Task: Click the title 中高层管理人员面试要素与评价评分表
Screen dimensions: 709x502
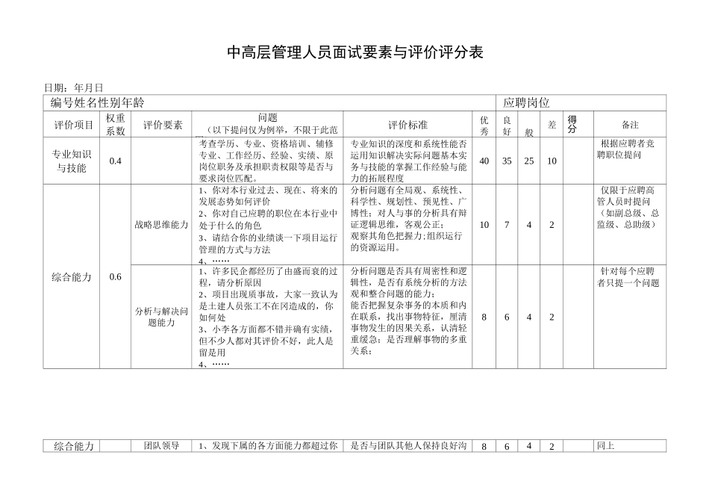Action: pyautogui.click(x=355, y=52)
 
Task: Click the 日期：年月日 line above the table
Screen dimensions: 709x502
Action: pyautogui.click(x=74, y=88)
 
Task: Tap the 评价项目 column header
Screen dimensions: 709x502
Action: pyautogui.click(x=72, y=125)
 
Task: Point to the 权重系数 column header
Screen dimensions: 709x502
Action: pyautogui.click(x=115, y=125)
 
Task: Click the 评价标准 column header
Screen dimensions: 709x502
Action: pyautogui.click(x=407, y=125)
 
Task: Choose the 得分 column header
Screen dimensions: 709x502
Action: pyautogui.click(x=572, y=124)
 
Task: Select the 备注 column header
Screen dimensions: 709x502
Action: pyautogui.click(x=630, y=125)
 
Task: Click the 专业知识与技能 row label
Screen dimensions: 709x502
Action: pyautogui.click(x=72, y=161)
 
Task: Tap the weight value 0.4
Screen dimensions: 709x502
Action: pyautogui.click(x=115, y=161)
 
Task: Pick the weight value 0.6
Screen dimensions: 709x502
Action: pyautogui.click(x=115, y=276)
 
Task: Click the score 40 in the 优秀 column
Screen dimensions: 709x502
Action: pyautogui.click(x=484, y=161)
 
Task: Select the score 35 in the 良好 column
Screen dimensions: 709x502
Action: pyautogui.click(x=507, y=161)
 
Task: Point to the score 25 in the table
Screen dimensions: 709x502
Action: pyautogui.click(x=528, y=161)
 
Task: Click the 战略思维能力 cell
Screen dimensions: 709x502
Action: pyautogui.click(x=161, y=224)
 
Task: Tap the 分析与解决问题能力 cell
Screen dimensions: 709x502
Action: pyautogui.click(x=161, y=317)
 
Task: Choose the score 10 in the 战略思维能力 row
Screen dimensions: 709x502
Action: pyautogui.click(x=484, y=225)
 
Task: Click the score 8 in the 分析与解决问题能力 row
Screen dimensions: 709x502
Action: pyautogui.click(x=484, y=317)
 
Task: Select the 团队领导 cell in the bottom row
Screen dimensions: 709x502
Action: pyautogui.click(x=161, y=446)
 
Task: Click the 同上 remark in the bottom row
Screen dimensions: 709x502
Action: pyautogui.click(x=605, y=446)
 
